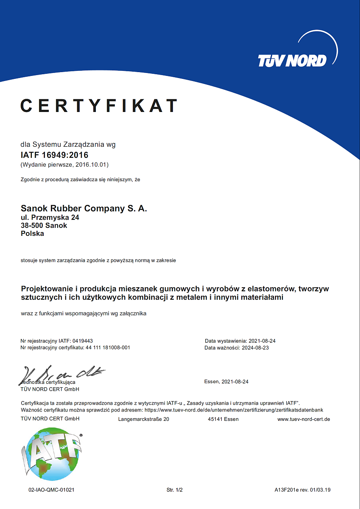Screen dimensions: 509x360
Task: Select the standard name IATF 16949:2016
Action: [x=54, y=155]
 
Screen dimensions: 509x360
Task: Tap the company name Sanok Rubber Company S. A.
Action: [x=84, y=209]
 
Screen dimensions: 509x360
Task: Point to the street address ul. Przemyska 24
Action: [x=50, y=218]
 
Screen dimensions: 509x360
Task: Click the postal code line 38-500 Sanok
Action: [x=44, y=226]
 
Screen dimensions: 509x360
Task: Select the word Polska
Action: [x=32, y=234]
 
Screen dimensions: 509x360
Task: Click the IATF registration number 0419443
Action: [x=83, y=341]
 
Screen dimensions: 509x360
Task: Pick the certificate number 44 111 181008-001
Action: [x=108, y=348]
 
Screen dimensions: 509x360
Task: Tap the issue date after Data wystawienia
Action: [x=262, y=341]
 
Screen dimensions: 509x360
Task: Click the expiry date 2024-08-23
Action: [x=255, y=348]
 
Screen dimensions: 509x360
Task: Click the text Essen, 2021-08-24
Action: [x=226, y=382]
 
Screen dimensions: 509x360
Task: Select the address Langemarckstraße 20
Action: [x=143, y=420]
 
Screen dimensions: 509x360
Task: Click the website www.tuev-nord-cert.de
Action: [x=304, y=420]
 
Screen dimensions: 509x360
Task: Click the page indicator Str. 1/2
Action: [x=174, y=490]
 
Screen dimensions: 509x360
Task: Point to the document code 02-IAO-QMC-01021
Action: [x=52, y=490]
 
